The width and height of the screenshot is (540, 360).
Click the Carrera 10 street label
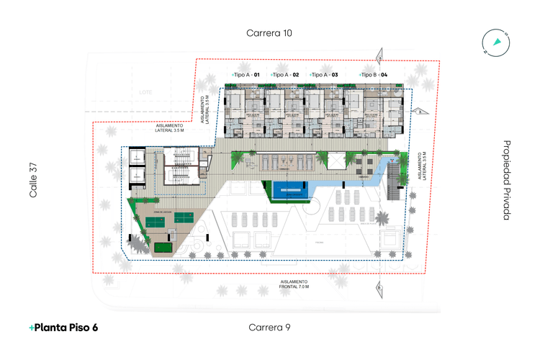coord(269,32)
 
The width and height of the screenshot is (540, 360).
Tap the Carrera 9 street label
coord(269,328)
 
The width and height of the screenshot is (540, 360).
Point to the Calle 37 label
coord(33,180)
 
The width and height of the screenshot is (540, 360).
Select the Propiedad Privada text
coord(507,180)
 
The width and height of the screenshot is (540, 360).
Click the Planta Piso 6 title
coord(63,328)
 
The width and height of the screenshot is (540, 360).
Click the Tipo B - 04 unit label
coord(374,75)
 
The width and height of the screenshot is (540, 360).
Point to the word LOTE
coord(146,92)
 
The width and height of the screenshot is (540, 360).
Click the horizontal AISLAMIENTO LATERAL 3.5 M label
coord(170,127)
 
